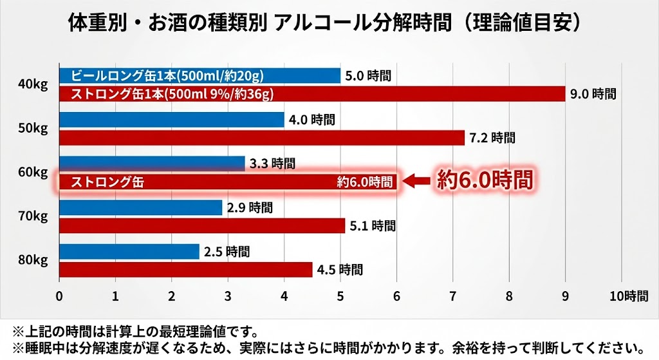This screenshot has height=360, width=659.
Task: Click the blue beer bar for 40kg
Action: (x=200, y=75)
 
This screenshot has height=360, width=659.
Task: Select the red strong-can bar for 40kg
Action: (x=312, y=94)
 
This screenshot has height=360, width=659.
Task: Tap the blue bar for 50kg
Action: (x=172, y=120)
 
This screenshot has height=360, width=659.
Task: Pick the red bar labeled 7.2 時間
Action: (x=262, y=138)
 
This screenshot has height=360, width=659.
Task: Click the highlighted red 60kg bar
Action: (x=228, y=182)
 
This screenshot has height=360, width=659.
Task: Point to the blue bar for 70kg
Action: (x=140, y=207)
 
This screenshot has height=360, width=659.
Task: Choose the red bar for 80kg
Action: (x=185, y=269)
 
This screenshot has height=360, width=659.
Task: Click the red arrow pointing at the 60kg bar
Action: (x=419, y=182)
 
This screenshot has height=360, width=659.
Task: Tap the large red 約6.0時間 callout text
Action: (x=485, y=180)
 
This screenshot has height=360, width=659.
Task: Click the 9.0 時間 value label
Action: (x=593, y=94)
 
